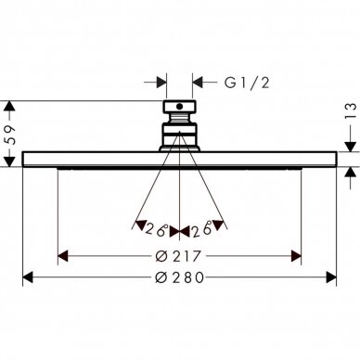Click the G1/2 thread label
tap(247, 83)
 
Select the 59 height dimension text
tap(11, 135)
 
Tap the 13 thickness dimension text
tap(351, 111)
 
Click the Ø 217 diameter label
tap(178, 256)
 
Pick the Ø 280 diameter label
tap(179, 277)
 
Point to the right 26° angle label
tap(202, 229)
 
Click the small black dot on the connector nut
tap(179, 107)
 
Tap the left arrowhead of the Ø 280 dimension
tap(28, 277)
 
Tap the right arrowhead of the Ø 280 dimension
tap(331, 277)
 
